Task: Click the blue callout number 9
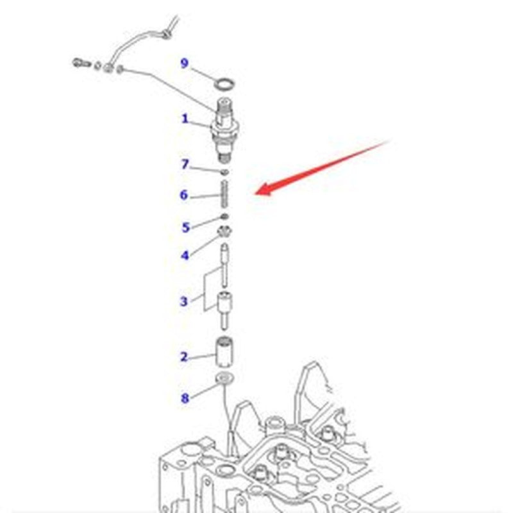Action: coord(185,63)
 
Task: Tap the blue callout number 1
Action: coord(185,119)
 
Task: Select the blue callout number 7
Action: coord(185,164)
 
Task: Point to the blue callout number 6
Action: coord(184,195)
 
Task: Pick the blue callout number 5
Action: coord(186,227)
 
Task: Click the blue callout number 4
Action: coord(185,255)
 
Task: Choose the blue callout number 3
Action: coord(184,301)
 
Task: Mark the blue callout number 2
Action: coord(185,357)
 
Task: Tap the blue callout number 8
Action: coord(185,398)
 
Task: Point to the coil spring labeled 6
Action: coord(224,194)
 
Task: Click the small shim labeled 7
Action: coord(224,172)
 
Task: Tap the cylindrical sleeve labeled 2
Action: coord(224,352)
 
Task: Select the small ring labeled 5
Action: coord(224,216)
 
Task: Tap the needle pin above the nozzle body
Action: coord(225,265)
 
